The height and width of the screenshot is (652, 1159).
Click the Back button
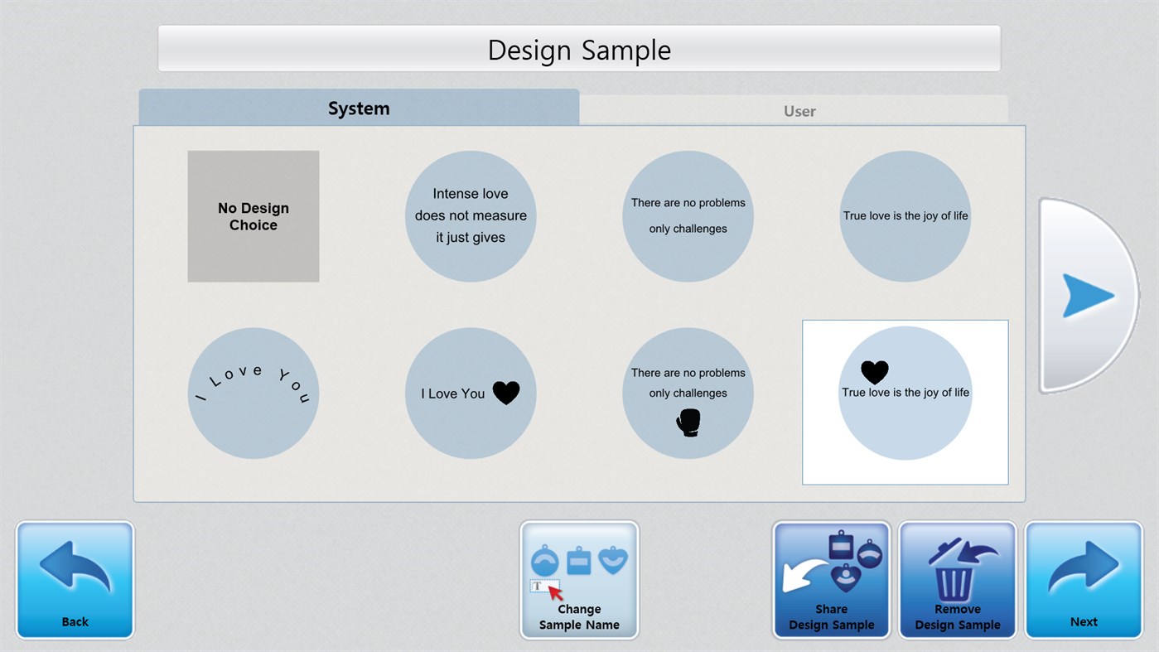point(75,580)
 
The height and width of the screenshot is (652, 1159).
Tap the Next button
point(1084,580)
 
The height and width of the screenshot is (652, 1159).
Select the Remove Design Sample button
point(957,580)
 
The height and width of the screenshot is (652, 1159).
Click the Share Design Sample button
point(831,580)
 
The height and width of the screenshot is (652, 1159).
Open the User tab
point(799,110)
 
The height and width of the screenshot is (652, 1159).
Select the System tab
point(358,109)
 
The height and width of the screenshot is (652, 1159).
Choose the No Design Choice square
point(253,216)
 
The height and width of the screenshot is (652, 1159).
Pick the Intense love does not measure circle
point(471,216)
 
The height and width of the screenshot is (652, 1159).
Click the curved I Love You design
point(253,393)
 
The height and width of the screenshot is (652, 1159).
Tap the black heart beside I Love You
point(506,393)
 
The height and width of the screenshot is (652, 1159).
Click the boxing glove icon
point(688,423)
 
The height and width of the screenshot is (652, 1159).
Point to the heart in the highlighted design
point(874,372)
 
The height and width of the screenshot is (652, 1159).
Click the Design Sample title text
point(579,50)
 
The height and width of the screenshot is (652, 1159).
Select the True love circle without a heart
point(905,216)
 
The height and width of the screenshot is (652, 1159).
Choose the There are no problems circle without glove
point(688,216)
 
